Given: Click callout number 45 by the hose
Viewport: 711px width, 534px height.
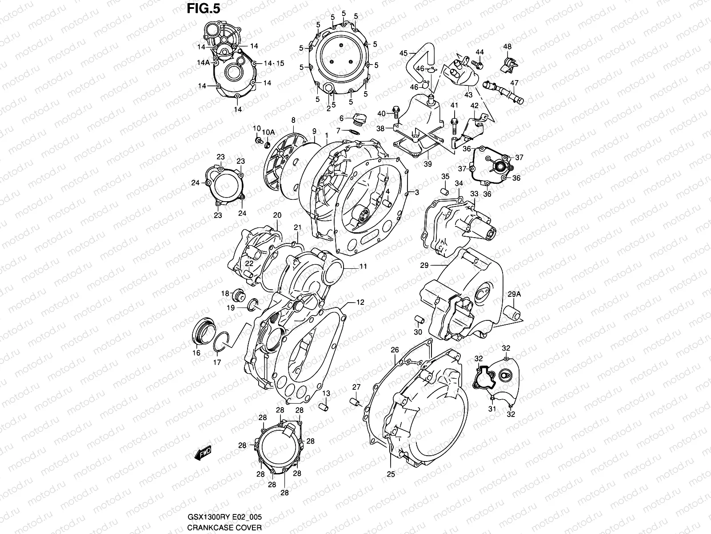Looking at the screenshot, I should pyautogui.click(x=403, y=53).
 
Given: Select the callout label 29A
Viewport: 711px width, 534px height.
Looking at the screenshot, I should pyautogui.click(x=514, y=294).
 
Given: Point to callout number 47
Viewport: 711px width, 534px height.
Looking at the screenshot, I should pyautogui.click(x=514, y=83).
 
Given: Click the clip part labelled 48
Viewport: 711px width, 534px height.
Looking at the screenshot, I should pyautogui.click(x=510, y=65).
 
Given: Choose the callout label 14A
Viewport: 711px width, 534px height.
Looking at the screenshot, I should pyautogui.click(x=204, y=63).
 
